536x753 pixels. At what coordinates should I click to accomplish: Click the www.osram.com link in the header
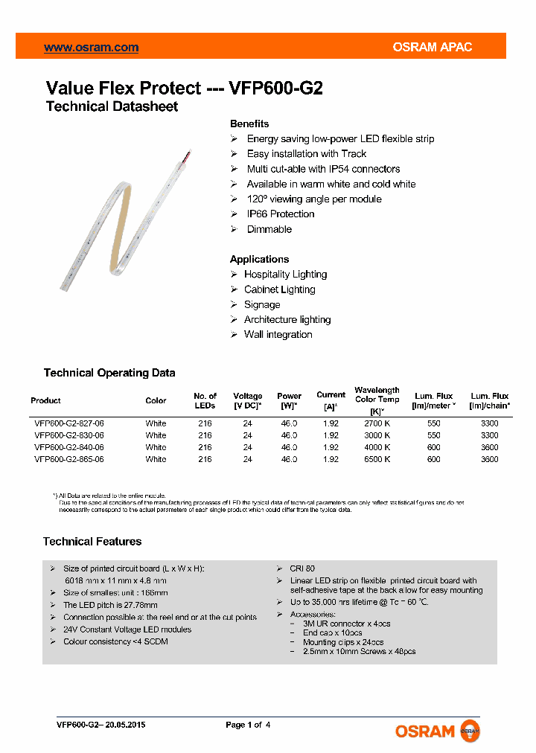pos(91,48)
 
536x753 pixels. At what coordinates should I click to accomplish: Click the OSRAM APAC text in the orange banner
pos(432,48)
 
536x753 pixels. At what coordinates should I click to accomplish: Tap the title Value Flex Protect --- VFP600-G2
pos(185,88)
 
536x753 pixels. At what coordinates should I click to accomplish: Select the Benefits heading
pos(249,124)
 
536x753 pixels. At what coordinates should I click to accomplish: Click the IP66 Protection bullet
pos(280,214)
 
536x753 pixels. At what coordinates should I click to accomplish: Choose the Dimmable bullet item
pos(269,229)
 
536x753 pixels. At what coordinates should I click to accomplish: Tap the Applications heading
pos(259,259)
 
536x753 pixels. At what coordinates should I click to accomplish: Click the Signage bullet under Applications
pos(262,304)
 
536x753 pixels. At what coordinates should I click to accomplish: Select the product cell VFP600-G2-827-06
pos(68,423)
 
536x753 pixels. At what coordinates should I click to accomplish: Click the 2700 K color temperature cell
pos(377,423)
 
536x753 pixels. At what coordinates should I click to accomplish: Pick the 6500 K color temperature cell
pos(377,459)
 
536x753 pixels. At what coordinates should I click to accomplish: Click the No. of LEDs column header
pos(205,400)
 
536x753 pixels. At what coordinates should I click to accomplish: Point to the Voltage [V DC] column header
pos(248,400)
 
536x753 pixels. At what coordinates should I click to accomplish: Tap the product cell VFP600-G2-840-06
pos(68,447)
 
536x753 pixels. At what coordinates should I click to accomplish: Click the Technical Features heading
pos(92,542)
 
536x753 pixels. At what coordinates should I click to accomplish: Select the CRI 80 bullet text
pos(301,568)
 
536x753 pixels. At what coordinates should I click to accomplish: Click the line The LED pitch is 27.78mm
pos(110,605)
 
